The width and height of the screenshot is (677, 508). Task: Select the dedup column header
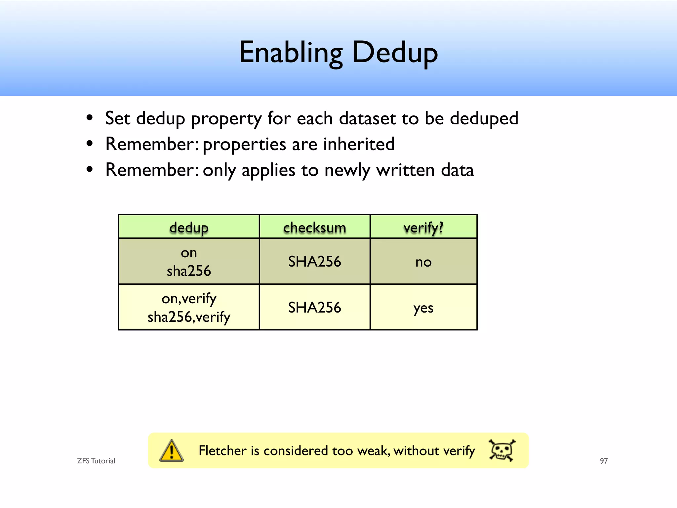(x=189, y=228)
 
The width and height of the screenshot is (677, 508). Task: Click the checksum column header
(x=314, y=228)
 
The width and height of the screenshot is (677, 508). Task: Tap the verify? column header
(x=423, y=228)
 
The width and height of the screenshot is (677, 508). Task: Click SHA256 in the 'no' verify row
(x=314, y=262)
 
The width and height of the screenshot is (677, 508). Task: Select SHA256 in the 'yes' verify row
(x=314, y=308)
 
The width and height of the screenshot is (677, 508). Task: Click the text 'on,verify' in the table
(x=189, y=299)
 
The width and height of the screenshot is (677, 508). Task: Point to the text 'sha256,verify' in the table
(x=189, y=317)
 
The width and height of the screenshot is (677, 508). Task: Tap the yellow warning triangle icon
(x=171, y=451)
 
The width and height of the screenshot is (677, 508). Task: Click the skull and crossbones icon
(x=502, y=450)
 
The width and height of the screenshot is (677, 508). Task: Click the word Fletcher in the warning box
(x=222, y=451)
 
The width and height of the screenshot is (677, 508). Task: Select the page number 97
(x=604, y=461)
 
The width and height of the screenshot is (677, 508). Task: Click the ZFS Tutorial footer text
(x=96, y=461)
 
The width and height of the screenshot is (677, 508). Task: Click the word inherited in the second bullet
(x=359, y=144)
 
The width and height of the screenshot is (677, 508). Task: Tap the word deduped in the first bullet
(x=484, y=118)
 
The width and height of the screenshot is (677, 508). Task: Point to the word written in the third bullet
(x=405, y=170)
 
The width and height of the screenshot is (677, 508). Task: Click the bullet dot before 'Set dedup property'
(x=89, y=118)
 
